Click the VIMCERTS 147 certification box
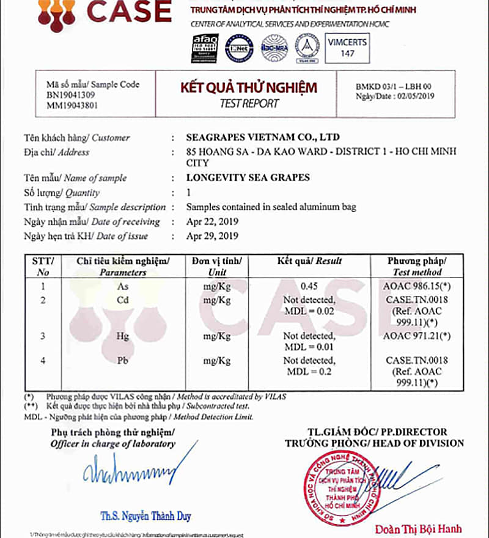coord(347,48)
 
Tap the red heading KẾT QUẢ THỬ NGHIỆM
coord(248,87)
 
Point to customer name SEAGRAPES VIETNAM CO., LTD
coord(262,137)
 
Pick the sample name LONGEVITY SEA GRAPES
coord(248,178)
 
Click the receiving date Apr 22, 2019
coord(212,221)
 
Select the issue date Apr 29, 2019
coord(212,236)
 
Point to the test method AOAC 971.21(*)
coord(417,336)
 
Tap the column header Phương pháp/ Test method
coord(417,266)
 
